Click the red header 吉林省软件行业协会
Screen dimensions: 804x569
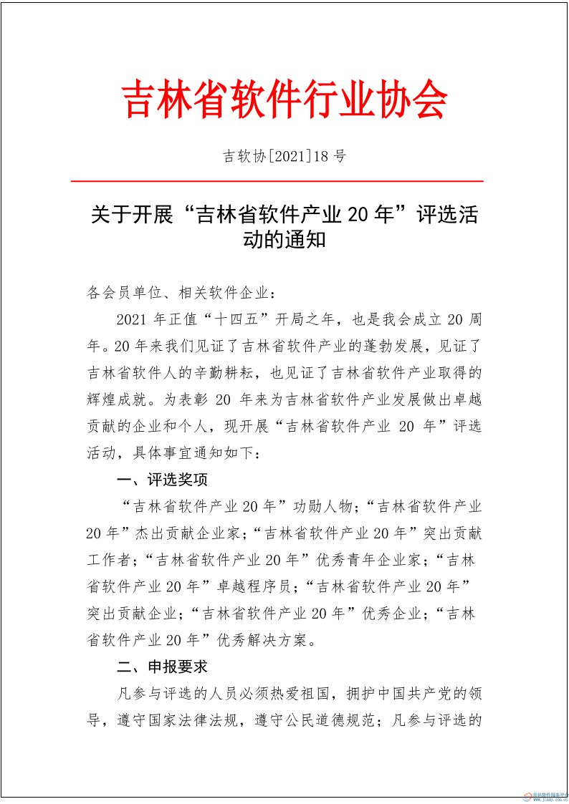click(x=285, y=99)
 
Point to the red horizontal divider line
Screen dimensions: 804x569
click(x=284, y=182)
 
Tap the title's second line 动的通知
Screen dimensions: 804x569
click(x=284, y=238)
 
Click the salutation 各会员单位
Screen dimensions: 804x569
click(x=120, y=292)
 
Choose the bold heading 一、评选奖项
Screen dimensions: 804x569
click(x=163, y=479)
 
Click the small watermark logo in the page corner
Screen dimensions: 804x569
click(x=544, y=795)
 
